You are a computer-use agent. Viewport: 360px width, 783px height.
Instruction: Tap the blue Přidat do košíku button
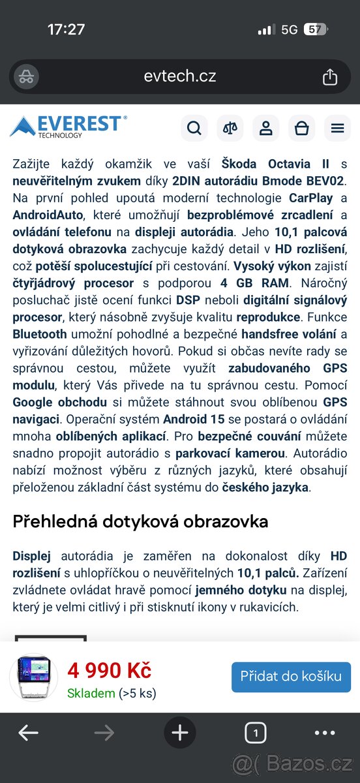pyautogui.click(x=291, y=677)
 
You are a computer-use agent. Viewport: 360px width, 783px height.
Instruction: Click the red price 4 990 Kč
pyautogui.click(x=109, y=670)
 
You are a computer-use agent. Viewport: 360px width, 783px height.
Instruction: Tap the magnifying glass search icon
pyautogui.click(x=194, y=129)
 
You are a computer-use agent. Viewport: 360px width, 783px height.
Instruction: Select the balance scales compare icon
pyautogui.click(x=230, y=129)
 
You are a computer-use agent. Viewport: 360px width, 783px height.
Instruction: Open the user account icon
pyautogui.click(x=265, y=129)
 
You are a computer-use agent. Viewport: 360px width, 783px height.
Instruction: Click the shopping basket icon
pyautogui.click(x=301, y=129)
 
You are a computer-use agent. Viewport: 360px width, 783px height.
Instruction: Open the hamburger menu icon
pyautogui.click(x=337, y=129)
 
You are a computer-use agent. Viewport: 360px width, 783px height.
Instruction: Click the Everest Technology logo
pyautogui.click(x=68, y=127)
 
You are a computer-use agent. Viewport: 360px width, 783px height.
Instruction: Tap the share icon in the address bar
pyautogui.click(x=330, y=77)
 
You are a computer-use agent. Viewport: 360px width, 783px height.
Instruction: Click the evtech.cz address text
pyautogui.click(x=180, y=76)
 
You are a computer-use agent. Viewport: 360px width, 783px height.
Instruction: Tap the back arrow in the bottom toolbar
pyautogui.click(x=28, y=733)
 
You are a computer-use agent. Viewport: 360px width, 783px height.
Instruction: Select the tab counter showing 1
pyautogui.click(x=256, y=733)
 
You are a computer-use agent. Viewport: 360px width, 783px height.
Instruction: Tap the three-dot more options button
pyautogui.click(x=325, y=733)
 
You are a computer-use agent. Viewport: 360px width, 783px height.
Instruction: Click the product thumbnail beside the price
pyautogui.click(x=34, y=677)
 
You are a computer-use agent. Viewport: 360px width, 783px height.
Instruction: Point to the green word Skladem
pyautogui.click(x=91, y=693)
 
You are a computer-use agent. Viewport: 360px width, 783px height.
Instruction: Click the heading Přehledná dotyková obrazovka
pyautogui.click(x=140, y=521)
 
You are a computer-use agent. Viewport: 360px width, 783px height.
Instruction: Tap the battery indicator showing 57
pyautogui.click(x=315, y=29)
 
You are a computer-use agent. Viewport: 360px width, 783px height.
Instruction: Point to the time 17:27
pyautogui.click(x=66, y=29)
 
